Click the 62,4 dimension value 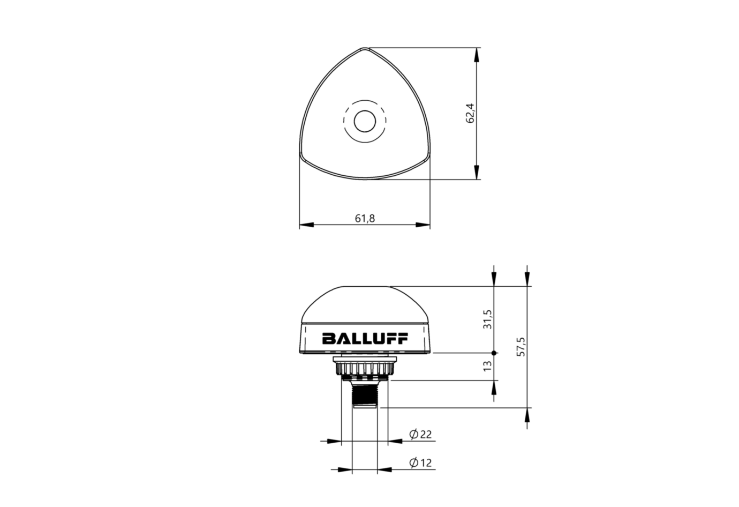coord(471,114)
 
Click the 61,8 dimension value coord(365,218)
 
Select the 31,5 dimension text coord(487,319)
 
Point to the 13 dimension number coord(487,366)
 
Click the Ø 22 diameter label coord(420,435)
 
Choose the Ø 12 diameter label coord(420,463)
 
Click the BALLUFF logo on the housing coord(365,338)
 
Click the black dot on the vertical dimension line coord(494,353)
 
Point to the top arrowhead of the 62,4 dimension coord(476,54)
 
